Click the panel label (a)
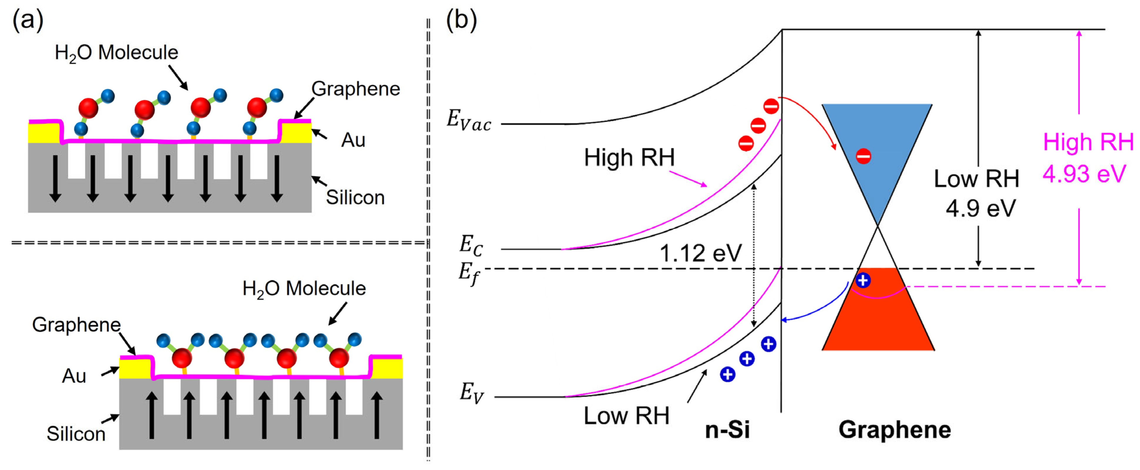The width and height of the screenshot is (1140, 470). (27, 20)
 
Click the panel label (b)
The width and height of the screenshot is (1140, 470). (461, 20)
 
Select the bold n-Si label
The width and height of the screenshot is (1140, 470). (727, 430)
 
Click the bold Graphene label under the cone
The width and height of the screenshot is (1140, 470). (894, 430)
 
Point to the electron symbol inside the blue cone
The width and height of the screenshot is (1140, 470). (863, 156)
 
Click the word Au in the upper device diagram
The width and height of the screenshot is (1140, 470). (353, 140)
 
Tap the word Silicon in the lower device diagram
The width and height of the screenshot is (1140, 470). (76, 434)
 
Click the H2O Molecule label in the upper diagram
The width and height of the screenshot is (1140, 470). (116, 53)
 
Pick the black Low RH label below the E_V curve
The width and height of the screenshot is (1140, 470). (626, 416)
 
